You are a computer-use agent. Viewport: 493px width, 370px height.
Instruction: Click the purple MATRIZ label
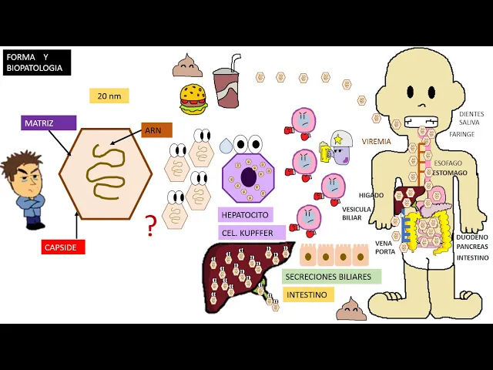pos(49,123)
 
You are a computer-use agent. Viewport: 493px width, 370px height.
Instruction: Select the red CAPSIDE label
pos(63,247)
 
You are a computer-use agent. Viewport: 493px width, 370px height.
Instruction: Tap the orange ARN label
pos(156,130)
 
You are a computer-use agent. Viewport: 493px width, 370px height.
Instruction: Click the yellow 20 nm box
pos(109,96)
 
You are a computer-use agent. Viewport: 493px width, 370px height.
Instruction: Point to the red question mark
pos(151,225)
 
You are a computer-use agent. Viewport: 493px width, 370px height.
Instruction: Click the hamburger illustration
pos(193,99)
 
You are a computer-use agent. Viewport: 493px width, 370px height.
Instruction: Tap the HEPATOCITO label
pos(245,215)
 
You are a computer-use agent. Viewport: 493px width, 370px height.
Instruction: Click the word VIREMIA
pos(377,142)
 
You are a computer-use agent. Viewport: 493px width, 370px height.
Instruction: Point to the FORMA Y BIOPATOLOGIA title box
pos(37,62)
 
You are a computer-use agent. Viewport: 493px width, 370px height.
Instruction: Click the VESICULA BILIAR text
pos(357,214)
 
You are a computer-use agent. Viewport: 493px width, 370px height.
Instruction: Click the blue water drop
pos(226,146)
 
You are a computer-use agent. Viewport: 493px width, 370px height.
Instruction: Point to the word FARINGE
pos(462,134)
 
